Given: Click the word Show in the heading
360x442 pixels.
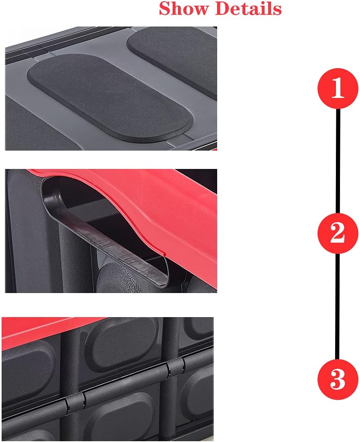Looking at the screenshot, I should click(184, 9).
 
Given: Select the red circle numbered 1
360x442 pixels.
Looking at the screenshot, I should click(338, 89).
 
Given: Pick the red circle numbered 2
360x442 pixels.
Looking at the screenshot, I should click(338, 233).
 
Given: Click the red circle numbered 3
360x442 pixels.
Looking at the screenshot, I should click(338, 380).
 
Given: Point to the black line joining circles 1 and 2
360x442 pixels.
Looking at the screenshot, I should click(338, 161).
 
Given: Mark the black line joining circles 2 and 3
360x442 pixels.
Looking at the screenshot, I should click(338, 306).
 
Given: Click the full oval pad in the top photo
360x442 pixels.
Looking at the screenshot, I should click(110, 98).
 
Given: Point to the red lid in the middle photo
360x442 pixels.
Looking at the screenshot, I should click(163, 204).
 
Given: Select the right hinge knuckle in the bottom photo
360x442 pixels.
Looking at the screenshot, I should click(176, 367).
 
